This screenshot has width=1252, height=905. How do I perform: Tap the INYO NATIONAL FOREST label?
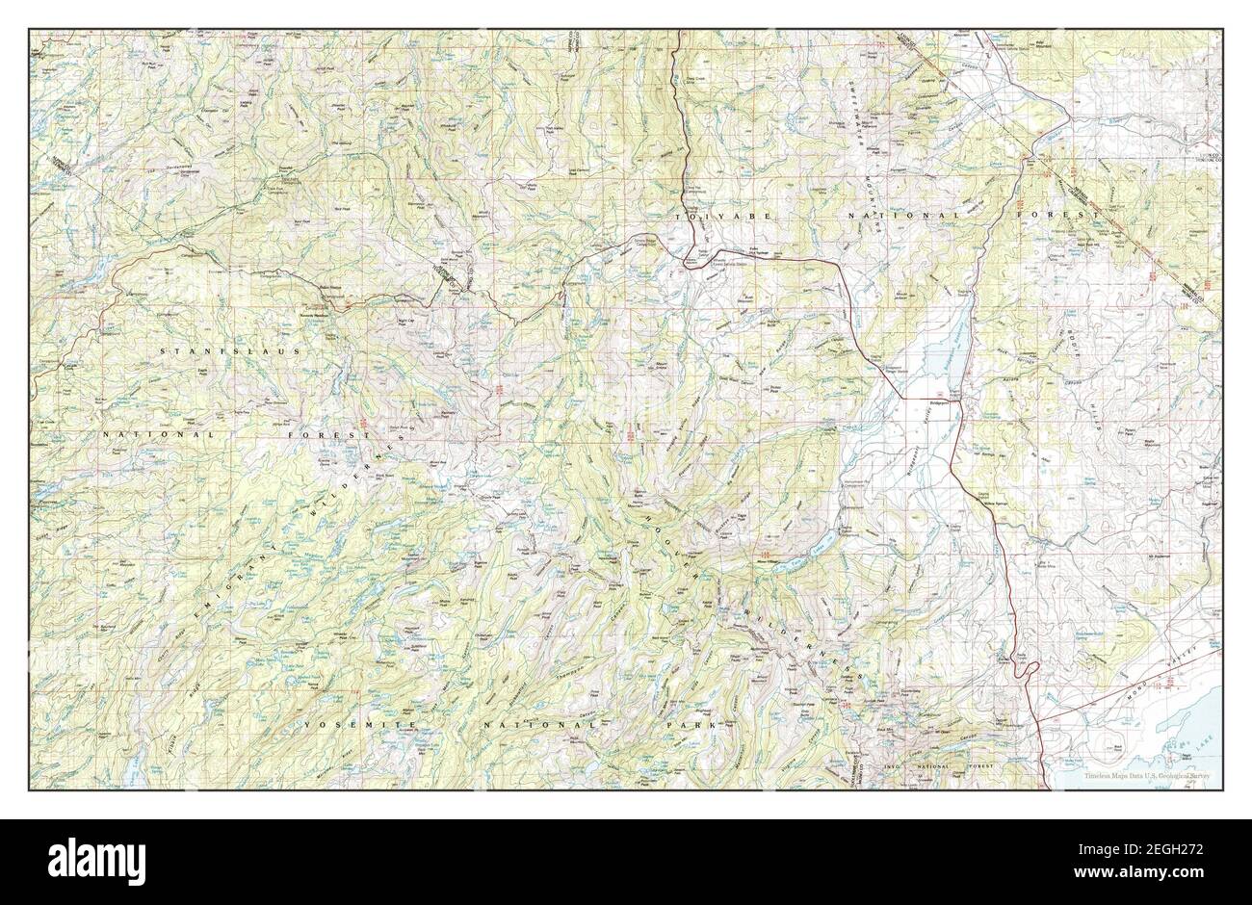(x=926, y=766)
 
